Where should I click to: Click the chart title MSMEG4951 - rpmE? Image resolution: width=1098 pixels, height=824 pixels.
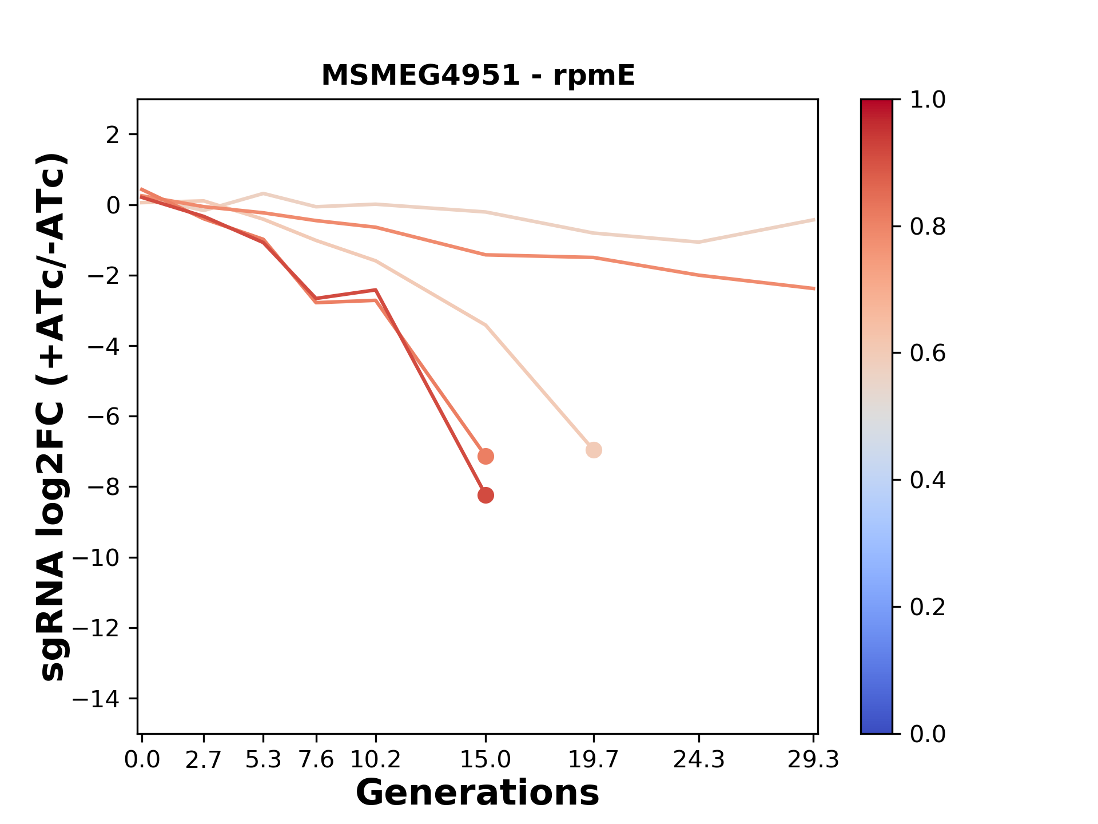(x=478, y=76)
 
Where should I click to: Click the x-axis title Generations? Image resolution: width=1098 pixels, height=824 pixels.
(x=478, y=793)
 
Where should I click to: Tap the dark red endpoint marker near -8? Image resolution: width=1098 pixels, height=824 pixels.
(x=486, y=495)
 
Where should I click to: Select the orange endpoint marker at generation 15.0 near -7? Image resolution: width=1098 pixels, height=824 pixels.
(x=486, y=456)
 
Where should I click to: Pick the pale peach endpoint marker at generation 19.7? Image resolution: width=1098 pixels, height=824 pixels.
(x=594, y=450)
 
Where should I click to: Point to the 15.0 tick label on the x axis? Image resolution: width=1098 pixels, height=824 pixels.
(x=486, y=760)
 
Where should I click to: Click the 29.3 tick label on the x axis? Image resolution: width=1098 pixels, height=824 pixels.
(x=813, y=760)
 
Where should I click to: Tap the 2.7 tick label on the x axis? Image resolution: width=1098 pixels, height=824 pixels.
(x=204, y=760)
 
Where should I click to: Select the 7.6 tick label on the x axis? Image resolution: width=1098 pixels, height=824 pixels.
(x=316, y=760)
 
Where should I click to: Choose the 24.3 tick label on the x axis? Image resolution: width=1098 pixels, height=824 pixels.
(x=698, y=760)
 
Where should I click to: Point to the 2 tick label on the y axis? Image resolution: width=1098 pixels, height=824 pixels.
(x=113, y=135)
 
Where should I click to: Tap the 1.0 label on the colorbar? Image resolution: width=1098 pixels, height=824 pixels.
(x=928, y=100)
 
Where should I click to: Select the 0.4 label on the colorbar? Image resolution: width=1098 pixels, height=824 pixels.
(x=928, y=480)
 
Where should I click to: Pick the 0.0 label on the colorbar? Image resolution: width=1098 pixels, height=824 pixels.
(x=928, y=734)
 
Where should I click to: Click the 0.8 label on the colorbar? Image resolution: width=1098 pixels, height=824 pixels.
(x=928, y=227)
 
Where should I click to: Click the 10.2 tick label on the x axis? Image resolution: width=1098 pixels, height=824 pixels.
(x=375, y=760)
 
